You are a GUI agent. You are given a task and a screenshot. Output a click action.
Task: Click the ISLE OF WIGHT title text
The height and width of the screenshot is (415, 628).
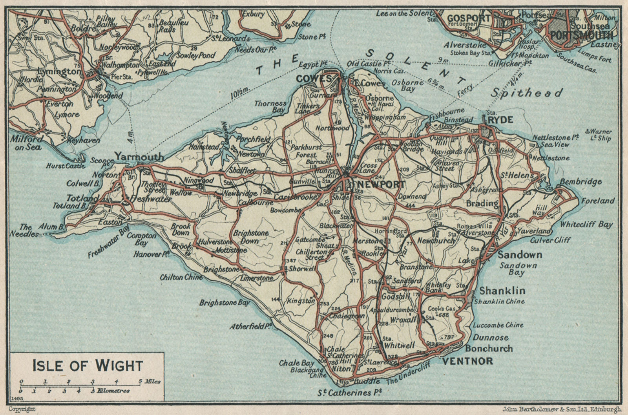87,365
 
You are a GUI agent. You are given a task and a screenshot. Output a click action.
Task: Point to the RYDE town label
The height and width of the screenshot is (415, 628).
500,119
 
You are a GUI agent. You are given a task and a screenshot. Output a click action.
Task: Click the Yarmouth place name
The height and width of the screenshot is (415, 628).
139,157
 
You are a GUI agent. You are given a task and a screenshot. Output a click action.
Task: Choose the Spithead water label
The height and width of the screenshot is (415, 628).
526,93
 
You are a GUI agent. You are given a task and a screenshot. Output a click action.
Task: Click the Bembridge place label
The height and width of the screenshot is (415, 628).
581,182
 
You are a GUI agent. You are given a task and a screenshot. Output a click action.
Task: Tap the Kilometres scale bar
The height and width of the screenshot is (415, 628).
75,391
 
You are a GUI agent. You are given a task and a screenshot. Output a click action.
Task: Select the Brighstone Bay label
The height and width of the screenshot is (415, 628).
224,303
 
